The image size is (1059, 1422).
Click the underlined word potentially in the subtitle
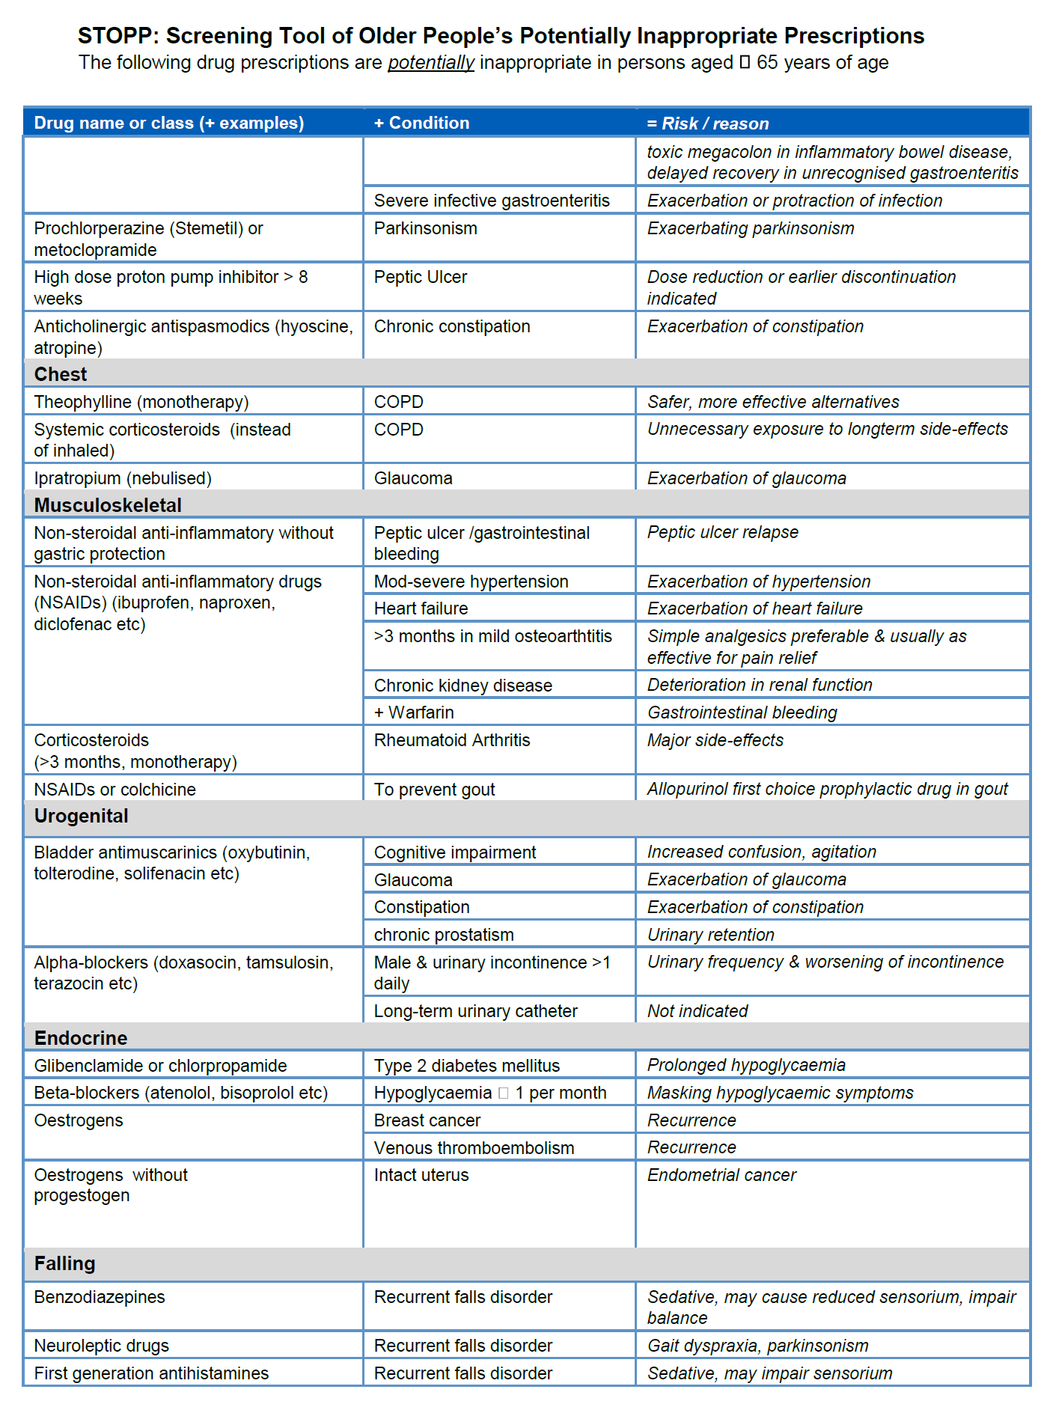[x=430, y=63]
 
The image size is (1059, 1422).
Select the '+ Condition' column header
[x=421, y=123]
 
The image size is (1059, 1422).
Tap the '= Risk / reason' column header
[x=707, y=123]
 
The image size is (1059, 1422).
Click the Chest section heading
[x=61, y=374]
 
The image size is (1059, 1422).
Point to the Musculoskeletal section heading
[x=108, y=505]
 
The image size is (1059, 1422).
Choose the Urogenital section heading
[x=81, y=816]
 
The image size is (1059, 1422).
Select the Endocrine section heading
[x=81, y=1038]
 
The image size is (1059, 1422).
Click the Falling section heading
[x=64, y=1263]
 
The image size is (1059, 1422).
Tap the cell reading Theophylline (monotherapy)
[x=141, y=402]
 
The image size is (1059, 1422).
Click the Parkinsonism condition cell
[x=425, y=228]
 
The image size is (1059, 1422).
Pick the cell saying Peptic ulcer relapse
[x=722, y=532]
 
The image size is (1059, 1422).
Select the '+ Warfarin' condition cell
[x=414, y=712]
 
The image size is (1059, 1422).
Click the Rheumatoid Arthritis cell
[x=452, y=740]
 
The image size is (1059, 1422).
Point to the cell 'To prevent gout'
[x=434, y=790]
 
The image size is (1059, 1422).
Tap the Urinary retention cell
[x=710, y=935]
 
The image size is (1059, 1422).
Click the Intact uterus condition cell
[x=421, y=1175]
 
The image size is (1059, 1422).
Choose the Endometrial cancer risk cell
[x=721, y=1175]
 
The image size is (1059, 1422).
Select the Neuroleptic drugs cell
[x=101, y=1346]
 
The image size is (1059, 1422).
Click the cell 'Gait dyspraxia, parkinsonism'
[x=757, y=1346]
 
